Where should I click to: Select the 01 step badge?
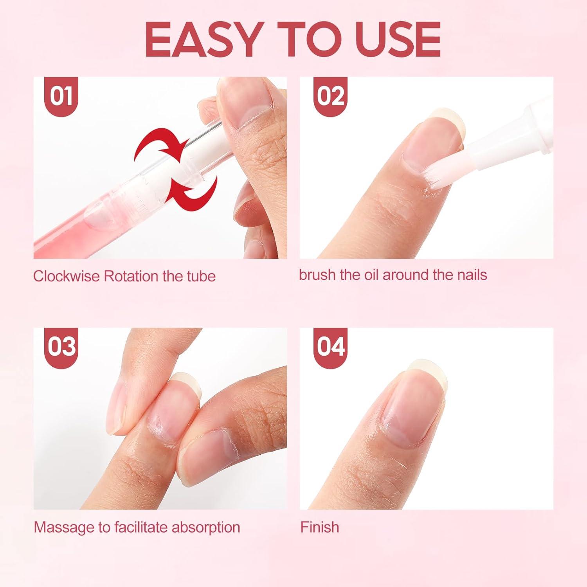point(61,96)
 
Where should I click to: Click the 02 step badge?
point(330,96)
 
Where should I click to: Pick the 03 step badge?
point(61,347)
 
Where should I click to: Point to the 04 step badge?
point(330,347)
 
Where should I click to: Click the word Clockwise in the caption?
point(66,276)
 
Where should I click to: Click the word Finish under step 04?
point(319,527)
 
